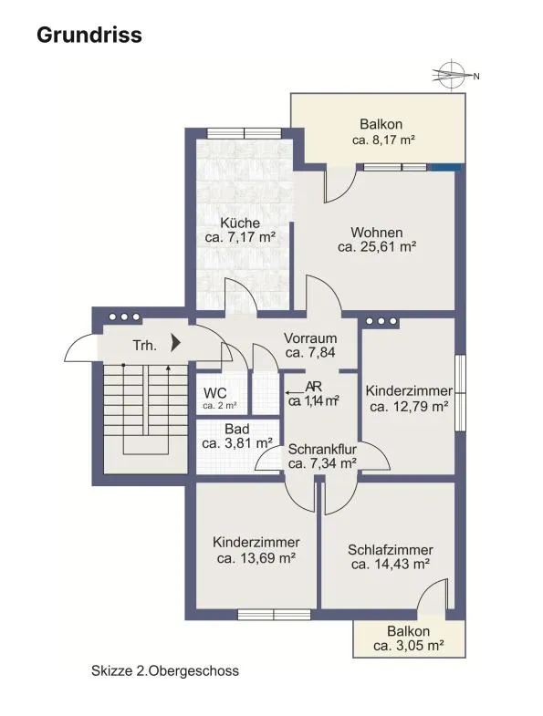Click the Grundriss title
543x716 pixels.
[x=89, y=36]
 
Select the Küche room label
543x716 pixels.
[x=240, y=223]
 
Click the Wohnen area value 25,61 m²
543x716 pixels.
[x=377, y=247]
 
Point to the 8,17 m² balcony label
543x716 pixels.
[x=383, y=140]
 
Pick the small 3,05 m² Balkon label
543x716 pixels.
[x=409, y=638]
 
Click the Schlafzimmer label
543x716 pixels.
[x=391, y=550]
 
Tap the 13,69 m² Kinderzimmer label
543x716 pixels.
[x=256, y=550]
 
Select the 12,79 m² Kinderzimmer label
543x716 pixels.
[x=409, y=399]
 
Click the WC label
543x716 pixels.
[x=214, y=393]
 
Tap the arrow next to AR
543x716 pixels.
[x=295, y=392]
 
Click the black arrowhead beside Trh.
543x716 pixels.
[x=176, y=342]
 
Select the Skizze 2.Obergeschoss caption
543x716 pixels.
[x=165, y=670]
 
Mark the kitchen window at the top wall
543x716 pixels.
[x=244, y=133]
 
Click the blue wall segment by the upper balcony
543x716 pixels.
[x=446, y=167]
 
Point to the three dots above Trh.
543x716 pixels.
[x=124, y=316]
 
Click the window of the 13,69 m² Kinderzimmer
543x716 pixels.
[x=275, y=615]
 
